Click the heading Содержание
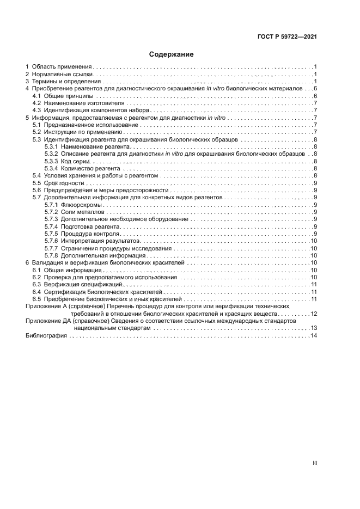(x=171, y=54)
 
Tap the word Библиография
(x=46, y=336)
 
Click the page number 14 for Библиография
(x=314, y=336)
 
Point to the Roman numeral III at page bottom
(x=314, y=463)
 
